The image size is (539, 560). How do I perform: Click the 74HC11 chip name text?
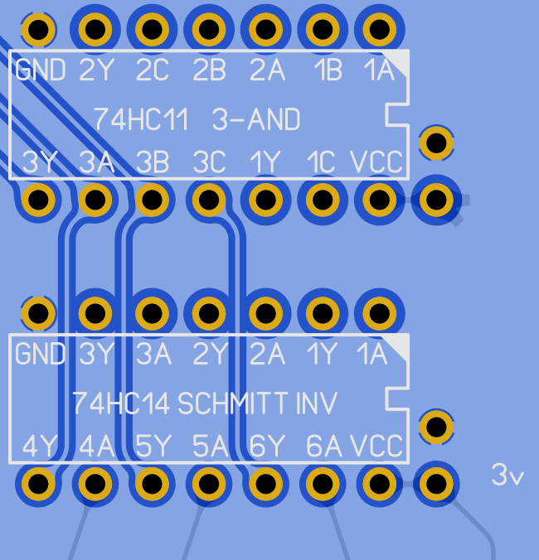click(140, 120)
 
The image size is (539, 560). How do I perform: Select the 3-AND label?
click(256, 120)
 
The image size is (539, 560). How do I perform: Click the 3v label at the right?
click(507, 476)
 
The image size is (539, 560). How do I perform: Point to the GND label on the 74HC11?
click(41, 71)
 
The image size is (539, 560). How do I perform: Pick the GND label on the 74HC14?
click(41, 355)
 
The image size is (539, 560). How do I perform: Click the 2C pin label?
click(152, 71)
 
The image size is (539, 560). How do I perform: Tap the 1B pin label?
click(327, 71)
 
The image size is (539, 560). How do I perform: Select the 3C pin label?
click(208, 162)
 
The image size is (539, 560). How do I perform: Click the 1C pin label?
click(322, 162)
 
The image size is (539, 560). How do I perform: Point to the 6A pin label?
click(323, 447)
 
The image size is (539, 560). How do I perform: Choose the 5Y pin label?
click(152, 447)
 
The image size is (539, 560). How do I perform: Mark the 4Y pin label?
click(39, 447)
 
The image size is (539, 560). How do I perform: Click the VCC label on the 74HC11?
click(376, 162)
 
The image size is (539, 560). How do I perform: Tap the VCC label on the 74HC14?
click(376, 447)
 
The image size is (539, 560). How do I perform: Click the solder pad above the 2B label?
click(209, 31)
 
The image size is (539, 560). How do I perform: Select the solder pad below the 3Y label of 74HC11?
click(38, 200)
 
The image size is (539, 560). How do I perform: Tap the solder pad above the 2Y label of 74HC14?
click(209, 314)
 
